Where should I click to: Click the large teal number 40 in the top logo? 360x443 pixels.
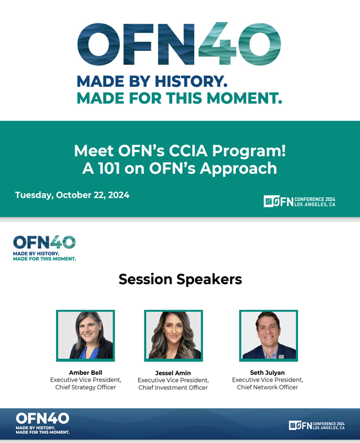[240, 44]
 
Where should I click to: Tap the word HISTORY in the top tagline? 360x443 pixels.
[191, 81]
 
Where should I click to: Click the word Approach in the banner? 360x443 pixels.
[239, 169]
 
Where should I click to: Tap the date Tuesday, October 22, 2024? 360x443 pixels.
[72, 195]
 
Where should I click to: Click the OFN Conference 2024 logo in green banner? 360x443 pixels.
[300, 202]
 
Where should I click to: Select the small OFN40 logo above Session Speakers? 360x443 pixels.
[44, 248]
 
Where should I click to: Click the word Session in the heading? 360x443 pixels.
[145, 279]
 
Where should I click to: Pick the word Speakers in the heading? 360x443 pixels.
[209, 280]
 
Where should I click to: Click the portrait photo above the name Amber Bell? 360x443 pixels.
[85, 336]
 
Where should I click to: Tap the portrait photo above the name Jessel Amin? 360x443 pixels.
[173, 336]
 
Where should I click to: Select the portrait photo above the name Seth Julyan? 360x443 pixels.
[269, 336]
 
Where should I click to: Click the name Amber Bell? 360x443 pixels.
[86, 373]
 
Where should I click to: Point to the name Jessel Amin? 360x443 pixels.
[173, 373]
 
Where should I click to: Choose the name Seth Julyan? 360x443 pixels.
[268, 373]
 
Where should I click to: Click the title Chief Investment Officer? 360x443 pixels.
[173, 388]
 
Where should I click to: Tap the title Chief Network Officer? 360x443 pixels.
[268, 387]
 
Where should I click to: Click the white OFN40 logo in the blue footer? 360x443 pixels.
[43, 423]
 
